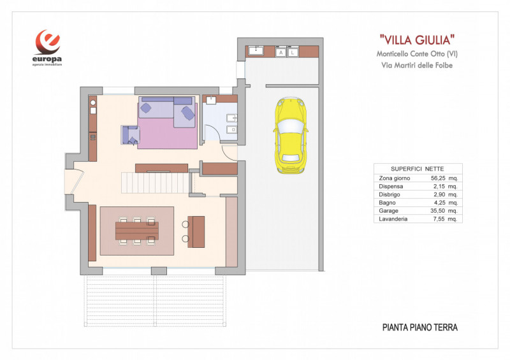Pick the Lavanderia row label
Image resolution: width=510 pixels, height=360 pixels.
[x=393, y=219]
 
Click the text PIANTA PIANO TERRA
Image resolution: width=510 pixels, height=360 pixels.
[x=419, y=328]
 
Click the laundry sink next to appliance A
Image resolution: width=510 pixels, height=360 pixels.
[x=260, y=51]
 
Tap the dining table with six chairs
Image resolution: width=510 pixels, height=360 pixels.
[x=137, y=231]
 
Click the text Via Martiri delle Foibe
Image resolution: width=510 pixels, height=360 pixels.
[x=417, y=66]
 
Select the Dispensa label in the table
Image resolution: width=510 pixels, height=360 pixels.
[x=393, y=187]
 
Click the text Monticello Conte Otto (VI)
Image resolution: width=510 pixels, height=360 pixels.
[x=417, y=54]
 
